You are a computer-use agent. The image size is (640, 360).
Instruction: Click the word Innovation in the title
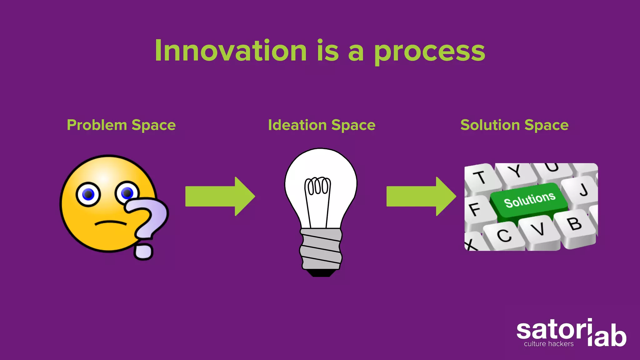231,51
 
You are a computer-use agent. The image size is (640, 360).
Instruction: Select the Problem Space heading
121,125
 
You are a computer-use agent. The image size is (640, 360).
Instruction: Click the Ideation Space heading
322,125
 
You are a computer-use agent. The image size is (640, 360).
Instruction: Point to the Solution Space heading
514,125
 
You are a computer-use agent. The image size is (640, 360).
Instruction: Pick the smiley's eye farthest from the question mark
88,194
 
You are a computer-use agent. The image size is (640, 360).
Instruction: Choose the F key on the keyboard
475,209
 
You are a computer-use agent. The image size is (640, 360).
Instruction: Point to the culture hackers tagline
549,344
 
